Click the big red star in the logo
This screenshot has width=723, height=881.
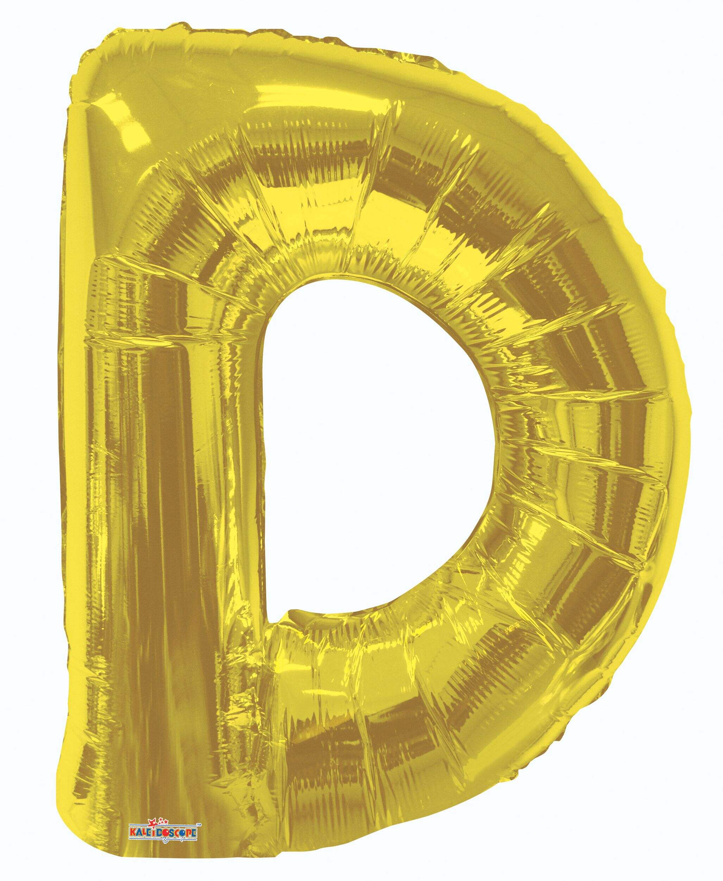pos(153,824)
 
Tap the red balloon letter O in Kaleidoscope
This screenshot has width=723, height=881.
pos(166,833)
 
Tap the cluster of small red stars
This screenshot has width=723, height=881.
pos(163,821)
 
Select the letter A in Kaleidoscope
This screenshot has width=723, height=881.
pos(139,833)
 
